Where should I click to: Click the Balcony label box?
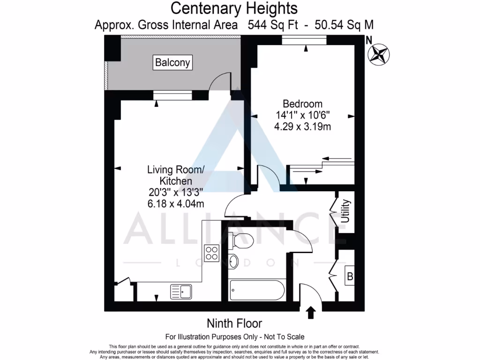point(173,62)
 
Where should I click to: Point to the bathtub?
point(257,290)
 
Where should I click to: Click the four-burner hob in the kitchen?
point(212,253)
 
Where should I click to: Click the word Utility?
point(345,211)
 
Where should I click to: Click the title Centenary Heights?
point(233,8)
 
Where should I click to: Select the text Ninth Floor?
point(234,323)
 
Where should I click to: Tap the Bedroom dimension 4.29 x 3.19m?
point(302,126)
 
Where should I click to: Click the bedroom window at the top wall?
point(304,42)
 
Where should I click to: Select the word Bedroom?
point(302,104)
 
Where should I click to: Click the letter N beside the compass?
point(368,40)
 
